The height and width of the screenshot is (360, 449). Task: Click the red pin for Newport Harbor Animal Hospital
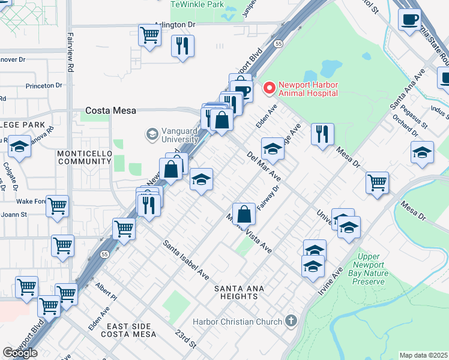[269, 88]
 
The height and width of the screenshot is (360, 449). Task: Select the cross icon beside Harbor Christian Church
[291, 321]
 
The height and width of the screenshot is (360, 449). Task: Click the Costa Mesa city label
[111, 110]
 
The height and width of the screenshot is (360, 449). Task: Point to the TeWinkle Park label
[197, 4]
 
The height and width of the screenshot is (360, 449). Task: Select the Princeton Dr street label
[44, 86]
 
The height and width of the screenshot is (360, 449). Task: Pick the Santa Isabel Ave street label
[186, 260]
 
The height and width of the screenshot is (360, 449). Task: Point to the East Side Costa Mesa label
[131, 329]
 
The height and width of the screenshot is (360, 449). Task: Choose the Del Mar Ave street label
[264, 166]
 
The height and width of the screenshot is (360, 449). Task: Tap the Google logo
[20, 353]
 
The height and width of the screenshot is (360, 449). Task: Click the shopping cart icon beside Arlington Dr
[149, 35]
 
